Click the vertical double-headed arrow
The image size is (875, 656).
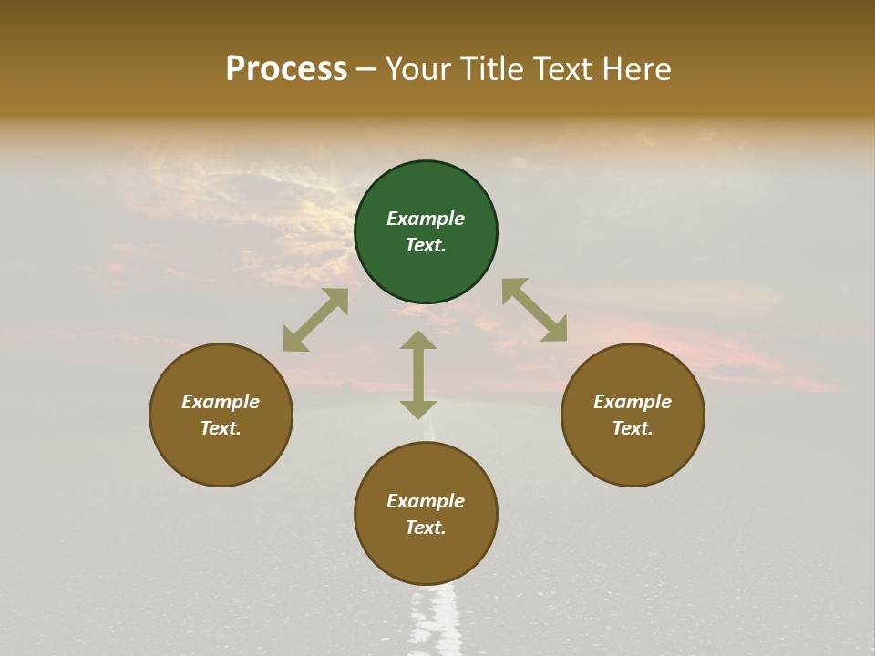click(x=418, y=374)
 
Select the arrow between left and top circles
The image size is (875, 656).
click(x=315, y=320)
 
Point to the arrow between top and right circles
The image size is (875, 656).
click(x=534, y=310)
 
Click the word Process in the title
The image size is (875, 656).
click(x=286, y=69)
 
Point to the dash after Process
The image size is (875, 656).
click(x=365, y=70)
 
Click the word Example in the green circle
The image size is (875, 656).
click(x=426, y=219)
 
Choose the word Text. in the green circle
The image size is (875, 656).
click(x=426, y=245)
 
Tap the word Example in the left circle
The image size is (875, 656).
click(x=221, y=402)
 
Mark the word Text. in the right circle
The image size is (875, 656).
click(x=633, y=428)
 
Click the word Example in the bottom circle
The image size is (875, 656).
click(x=426, y=501)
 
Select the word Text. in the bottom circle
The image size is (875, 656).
click(x=426, y=528)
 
